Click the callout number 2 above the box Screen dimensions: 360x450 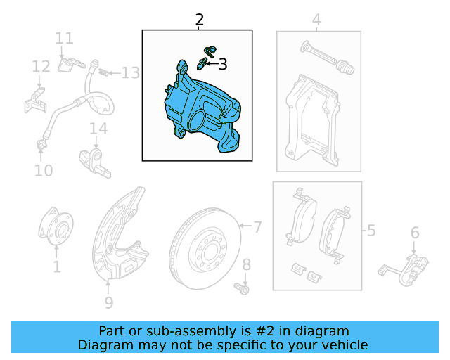coord(200,20)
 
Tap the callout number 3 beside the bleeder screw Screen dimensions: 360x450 coord(223,65)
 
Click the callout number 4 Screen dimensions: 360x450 coord(316,20)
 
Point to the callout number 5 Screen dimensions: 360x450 coord(371,230)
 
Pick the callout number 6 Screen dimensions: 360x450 coord(415,233)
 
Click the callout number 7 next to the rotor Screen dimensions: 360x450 coord(257,226)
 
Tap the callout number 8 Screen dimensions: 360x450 coord(246,265)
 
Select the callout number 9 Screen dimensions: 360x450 coord(108,303)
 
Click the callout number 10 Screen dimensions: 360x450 coord(43,170)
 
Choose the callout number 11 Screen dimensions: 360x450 coord(64,38)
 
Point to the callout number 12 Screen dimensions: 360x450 coord(41,67)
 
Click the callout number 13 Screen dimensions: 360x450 coord(130,72)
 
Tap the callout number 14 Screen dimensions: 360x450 coord(98,129)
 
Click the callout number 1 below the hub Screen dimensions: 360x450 coord(56,266)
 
